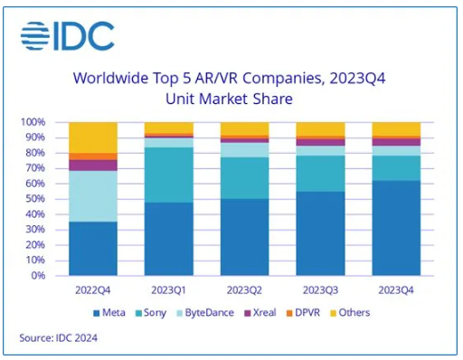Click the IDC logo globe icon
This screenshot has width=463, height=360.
click(37, 36)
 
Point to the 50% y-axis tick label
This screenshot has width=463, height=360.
click(34, 199)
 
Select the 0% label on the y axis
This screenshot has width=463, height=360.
click(37, 276)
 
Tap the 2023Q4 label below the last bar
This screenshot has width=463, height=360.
click(394, 289)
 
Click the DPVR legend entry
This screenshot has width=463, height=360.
click(322, 313)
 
